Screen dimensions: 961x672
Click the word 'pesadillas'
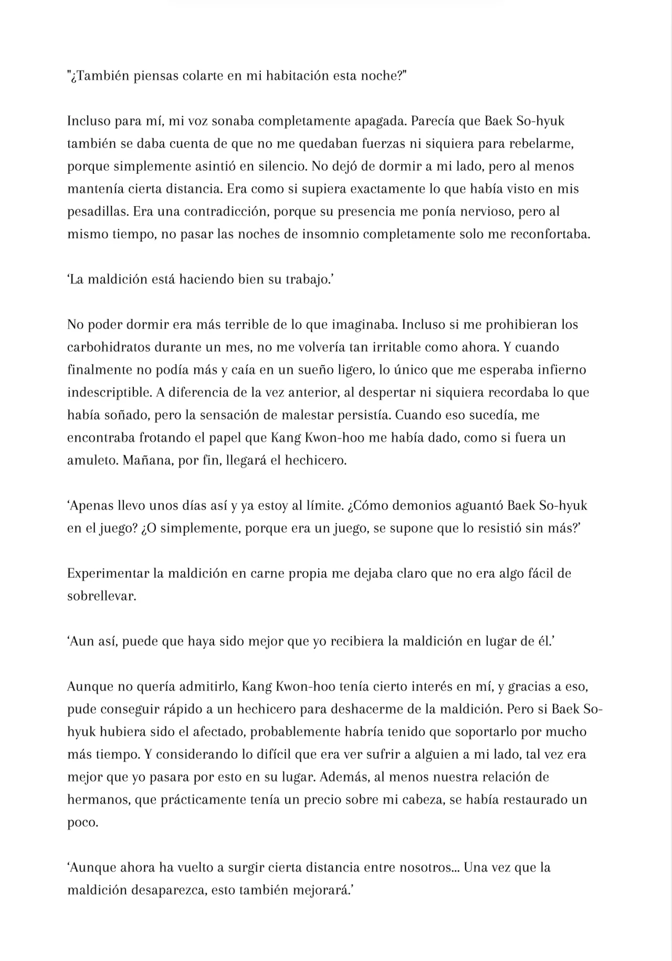(x=97, y=212)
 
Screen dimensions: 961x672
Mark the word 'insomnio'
(x=330, y=234)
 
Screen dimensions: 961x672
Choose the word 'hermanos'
(x=97, y=800)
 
